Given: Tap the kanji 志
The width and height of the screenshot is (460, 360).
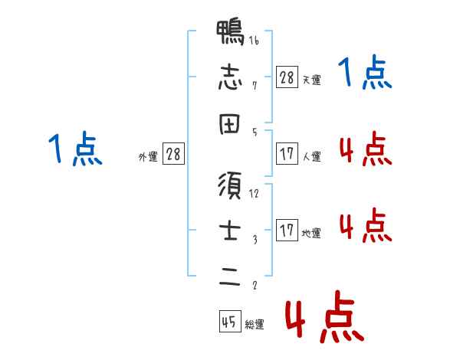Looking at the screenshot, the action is (230, 77).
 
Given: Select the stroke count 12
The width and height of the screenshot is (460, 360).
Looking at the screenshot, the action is (254, 194).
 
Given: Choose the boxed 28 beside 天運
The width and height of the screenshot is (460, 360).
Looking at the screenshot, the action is (287, 77).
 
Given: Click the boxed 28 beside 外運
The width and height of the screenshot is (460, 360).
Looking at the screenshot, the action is (173, 155).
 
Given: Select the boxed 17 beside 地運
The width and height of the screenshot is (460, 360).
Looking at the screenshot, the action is (287, 231).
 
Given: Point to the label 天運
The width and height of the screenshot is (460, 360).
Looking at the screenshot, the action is (311, 80).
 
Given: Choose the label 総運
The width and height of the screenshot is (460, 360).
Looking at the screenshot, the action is (254, 325).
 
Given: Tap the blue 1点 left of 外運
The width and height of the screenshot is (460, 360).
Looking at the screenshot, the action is (74, 149).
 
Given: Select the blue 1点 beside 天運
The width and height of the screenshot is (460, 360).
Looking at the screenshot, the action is (365, 74).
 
